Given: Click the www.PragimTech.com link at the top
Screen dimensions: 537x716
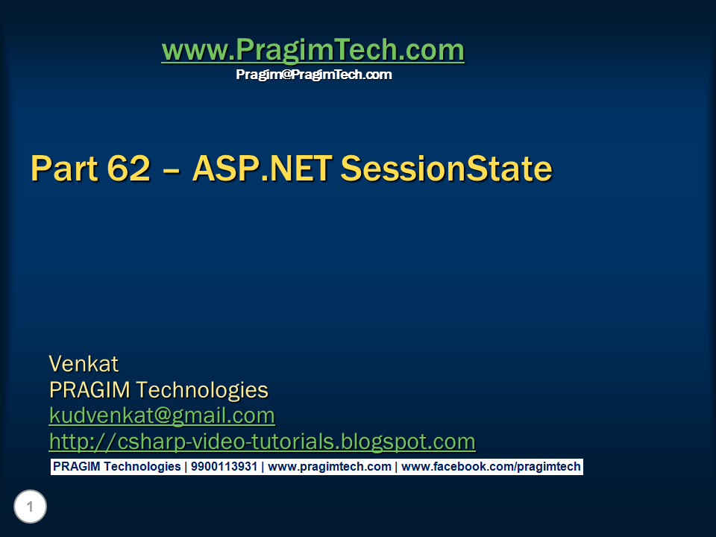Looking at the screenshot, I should click(x=313, y=51).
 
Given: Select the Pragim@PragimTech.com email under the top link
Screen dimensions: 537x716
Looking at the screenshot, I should click(x=313, y=75).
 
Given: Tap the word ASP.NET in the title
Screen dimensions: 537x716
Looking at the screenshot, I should click(x=261, y=169).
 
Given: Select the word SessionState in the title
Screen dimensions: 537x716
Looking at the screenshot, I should click(x=446, y=169).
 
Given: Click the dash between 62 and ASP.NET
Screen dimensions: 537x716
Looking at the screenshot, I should click(x=171, y=170).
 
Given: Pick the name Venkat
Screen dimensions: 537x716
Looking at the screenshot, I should click(x=84, y=364).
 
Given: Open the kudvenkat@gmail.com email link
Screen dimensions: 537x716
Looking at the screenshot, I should click(x=162, y=415).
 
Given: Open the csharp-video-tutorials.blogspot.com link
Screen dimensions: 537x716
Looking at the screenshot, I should click(x=262, y=442).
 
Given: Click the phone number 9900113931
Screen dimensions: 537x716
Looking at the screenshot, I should click(x=223, y=467).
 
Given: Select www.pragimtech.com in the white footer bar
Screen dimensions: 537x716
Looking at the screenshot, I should click(x=329, y=467).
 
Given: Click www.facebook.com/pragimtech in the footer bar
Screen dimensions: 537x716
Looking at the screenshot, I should click(x=491, y=467).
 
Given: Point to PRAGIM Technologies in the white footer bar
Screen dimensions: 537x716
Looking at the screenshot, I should click(x=116, y=467).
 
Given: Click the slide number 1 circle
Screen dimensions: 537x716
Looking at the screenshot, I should click(x=30, y=507).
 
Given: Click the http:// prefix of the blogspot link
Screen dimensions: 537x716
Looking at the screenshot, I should click(x=82, y=442).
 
